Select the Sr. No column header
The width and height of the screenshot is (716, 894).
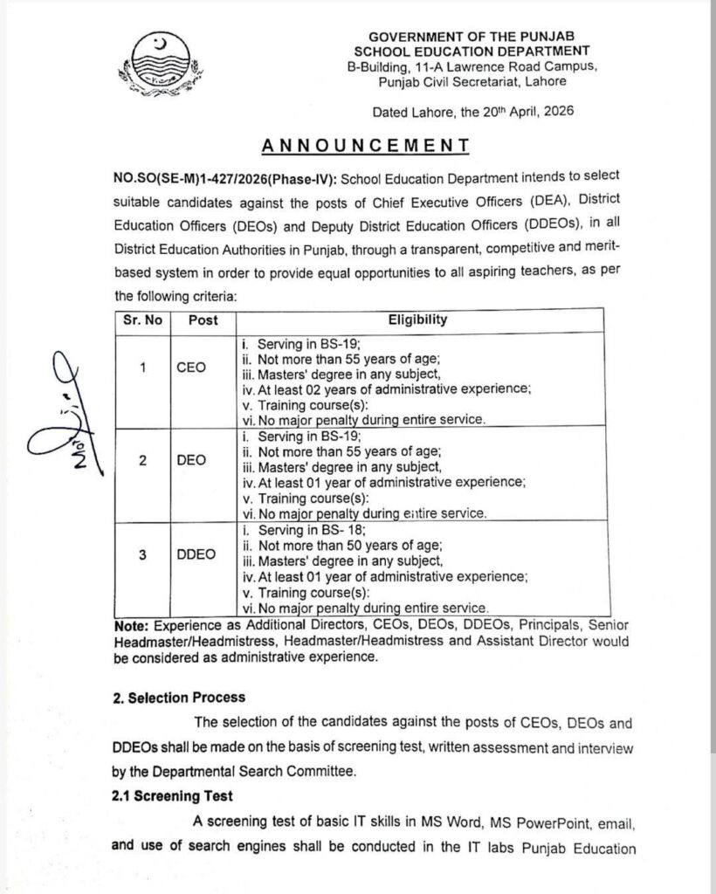point(142,320)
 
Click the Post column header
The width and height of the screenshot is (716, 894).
point(203,320)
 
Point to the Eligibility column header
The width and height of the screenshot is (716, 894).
point(417,320)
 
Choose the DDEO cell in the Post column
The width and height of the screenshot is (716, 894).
point(196,554)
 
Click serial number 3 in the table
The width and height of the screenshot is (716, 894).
point(141,554)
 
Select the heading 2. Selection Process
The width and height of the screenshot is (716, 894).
point(179,698)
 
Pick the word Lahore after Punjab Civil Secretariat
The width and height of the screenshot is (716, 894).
point(544,80)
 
